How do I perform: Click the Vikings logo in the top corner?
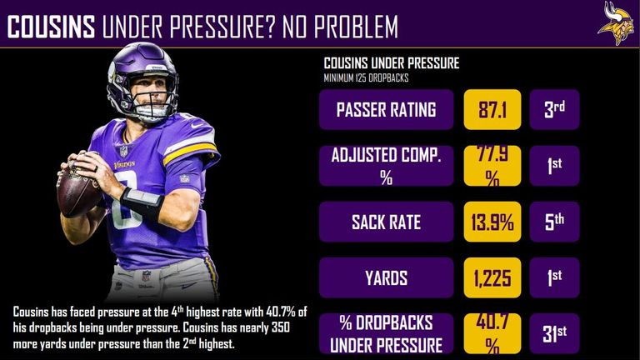point(615,22)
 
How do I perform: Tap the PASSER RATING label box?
point(386,109)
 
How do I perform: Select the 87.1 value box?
point(492,109)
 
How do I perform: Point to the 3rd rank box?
point(554,109)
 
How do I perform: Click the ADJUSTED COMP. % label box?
point(386,166)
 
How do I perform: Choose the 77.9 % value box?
point(492,166)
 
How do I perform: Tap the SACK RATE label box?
point(386,222)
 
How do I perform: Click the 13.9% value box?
point(492,222)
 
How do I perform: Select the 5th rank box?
point(554,222)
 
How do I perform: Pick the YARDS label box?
point(386,277)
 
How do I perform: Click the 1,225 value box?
point(492,277)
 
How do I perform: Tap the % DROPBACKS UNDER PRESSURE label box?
point(386,333)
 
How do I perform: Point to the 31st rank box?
point(554,333)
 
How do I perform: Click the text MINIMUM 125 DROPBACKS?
point(365,78)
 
